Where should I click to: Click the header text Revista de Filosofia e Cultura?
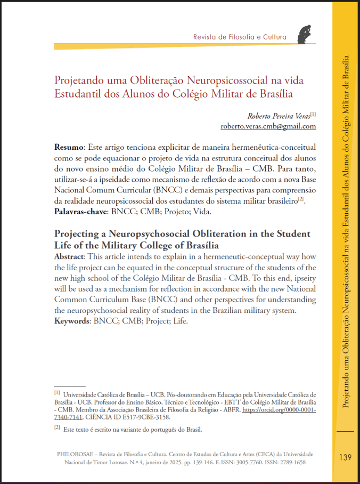(x=240, y=37)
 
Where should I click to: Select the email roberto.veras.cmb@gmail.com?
(x=268, y=126)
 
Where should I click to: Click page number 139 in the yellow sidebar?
(x=345, y=457)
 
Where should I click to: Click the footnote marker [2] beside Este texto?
(x=56, y=428)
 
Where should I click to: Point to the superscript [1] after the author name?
(x=313, y=114)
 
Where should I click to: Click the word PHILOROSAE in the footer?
(x=75, y=454)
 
